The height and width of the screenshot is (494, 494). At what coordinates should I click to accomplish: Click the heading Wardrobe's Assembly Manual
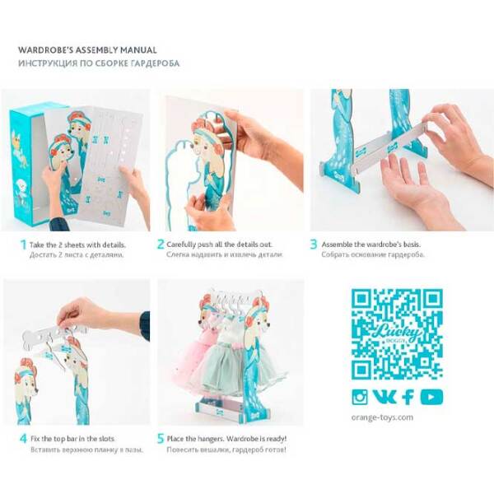pos(87,50)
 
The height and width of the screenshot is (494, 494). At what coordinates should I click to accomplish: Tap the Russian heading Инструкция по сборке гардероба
pos(99,63)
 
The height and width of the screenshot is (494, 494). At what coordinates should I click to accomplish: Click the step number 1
pos(23,245)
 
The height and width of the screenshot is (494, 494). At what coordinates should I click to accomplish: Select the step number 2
pos(161,245)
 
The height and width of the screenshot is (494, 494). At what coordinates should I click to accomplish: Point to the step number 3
pos(314,245)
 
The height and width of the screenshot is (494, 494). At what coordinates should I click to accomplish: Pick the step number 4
pos(23,439)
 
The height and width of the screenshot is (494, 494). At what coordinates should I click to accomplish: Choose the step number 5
pos(161,439)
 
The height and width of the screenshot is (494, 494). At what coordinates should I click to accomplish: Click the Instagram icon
pos(360,397)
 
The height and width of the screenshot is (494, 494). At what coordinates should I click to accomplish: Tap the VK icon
pos(384,397)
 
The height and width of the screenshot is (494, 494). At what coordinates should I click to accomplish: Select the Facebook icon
pos(408,397)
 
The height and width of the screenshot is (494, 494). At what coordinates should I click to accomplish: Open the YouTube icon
pos(431,397)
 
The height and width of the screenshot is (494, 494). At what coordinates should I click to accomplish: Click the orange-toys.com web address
pos(382,417)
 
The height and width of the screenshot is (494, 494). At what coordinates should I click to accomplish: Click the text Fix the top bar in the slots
pos(72,439)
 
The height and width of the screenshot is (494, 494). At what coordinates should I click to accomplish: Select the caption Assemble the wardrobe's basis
pos(370,245)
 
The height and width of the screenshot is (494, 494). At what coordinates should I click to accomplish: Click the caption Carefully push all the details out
pos(219,245)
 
